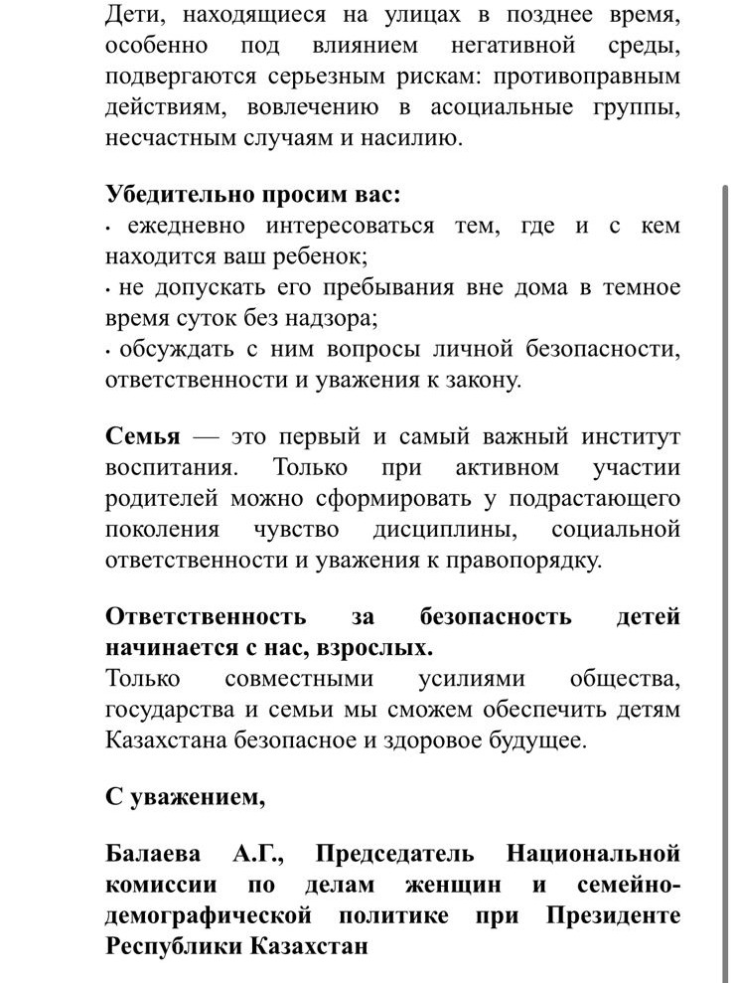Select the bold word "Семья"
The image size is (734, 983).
pos(143,436)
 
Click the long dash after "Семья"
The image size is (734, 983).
pos(206,436)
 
